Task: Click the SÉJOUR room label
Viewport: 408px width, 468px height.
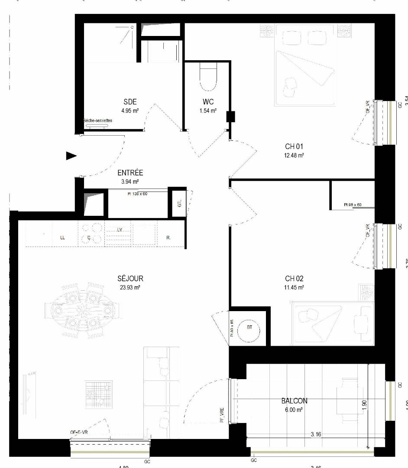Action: pyautogui.click(x=130, y=279)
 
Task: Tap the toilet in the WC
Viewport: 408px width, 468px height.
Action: pyautogui.click(x=207, y=77)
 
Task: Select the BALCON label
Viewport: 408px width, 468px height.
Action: pyautogui.click(x=295, y=401)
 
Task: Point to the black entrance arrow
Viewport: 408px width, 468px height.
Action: pyautogui.click(x=71, y=156)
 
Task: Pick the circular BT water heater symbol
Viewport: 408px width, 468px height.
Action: pyautogui.click(x=249, y=328)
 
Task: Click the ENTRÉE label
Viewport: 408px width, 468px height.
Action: pyautogui.click(x=130, y=173)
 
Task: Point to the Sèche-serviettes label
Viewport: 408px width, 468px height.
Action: pyautogui.click(x=97, y=121)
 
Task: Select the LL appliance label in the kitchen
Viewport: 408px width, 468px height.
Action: pyautogui.click(x=63, y=238)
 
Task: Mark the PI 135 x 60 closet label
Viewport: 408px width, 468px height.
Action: pyautogui.click(x=137, y=194)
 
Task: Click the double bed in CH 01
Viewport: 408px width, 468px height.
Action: pyautogui.click(x=305, y=65)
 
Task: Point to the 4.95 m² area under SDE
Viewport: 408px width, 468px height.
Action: pyautogui.click(x=130, y=110)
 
